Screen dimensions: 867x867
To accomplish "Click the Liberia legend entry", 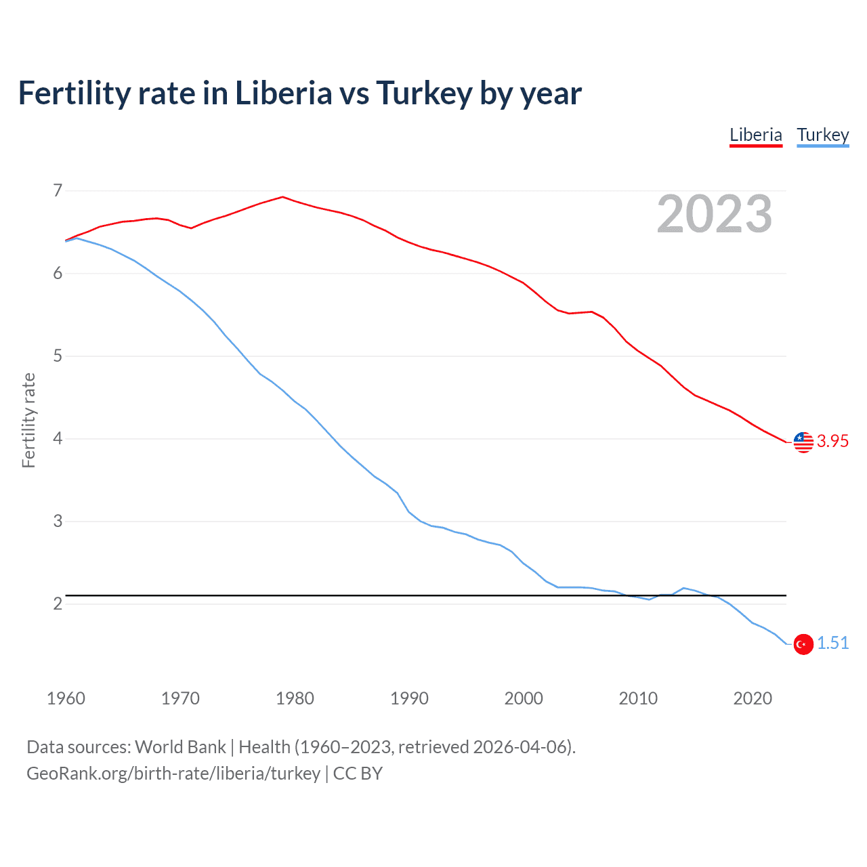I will point(755,135).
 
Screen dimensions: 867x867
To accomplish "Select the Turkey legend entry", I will point(822,135).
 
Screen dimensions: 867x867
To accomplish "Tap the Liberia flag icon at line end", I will point(803,442).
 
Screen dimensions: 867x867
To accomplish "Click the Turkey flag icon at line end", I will point(803,644).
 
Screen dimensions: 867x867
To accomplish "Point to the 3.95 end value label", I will point(832,441).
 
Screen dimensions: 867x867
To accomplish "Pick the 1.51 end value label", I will point(832,643).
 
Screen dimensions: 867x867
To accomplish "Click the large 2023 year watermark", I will point(714,214).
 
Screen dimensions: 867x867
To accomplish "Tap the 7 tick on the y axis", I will point(58,190).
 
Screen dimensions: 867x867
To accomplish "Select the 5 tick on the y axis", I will point(58,356).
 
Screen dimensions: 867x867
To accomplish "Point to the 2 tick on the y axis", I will point(58,604).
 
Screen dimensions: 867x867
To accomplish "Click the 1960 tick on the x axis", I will point(66,698).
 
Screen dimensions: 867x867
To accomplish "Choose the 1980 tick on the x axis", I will point(295,698).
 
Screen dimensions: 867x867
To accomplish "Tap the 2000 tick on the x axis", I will point(524,698).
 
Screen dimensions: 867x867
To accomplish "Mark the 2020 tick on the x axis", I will point(753,698).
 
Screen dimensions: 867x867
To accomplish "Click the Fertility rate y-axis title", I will point(28,420).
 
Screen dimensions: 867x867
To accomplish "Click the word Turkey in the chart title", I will point(423,93).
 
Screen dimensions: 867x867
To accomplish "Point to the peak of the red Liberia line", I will point(282,197).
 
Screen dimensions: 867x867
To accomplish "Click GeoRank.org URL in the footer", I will point(173,774).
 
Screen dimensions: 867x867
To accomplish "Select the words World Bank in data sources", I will point(180,747).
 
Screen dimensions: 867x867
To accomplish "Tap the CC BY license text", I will point(358,774).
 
